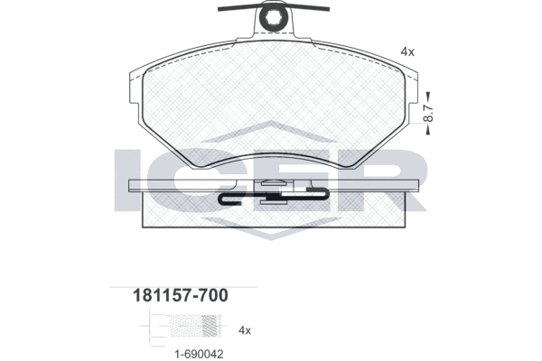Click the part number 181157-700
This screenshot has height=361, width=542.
coord(181,296)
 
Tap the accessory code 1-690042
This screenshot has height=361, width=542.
coord(199,354)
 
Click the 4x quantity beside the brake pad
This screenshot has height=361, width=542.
coord(407,51)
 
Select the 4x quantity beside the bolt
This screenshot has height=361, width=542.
coord(245,330)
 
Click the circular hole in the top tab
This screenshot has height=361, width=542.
coord(274,16)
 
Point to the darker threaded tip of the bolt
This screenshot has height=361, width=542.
coord(210,326)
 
